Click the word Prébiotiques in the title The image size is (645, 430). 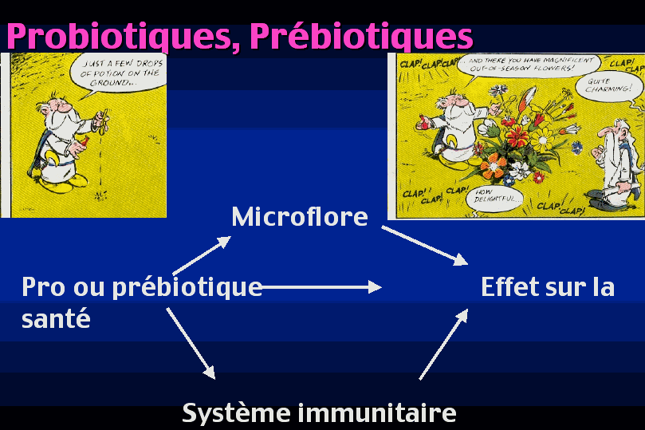coord(362,36)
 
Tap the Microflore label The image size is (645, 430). coord(300,216)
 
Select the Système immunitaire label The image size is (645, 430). coord(319,412)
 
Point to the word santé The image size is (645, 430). coord(56,318)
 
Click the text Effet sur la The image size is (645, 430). coord(548,287)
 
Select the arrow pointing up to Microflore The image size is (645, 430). coord(202,255)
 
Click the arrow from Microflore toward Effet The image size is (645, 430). coord(425,245)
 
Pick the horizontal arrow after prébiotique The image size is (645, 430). coord(321,287)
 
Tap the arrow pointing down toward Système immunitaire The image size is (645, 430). coord(191,343)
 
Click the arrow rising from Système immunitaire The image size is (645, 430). coord(444,344)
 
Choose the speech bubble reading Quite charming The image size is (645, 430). coord(609,87)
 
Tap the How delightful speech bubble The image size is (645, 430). coord(495,199)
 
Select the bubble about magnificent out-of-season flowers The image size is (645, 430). coord(529,66)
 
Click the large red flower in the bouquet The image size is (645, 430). coord(517,135)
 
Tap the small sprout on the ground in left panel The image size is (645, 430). coord(100,195)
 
